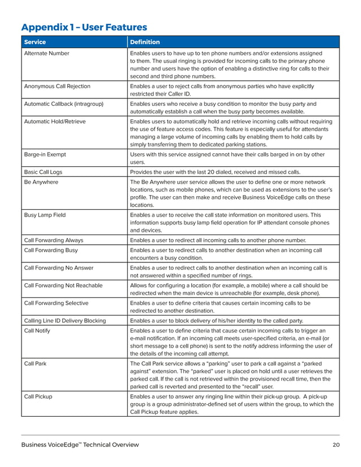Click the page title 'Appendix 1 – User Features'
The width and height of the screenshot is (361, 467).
pos(84,27)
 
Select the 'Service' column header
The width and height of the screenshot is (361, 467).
pos(35,42)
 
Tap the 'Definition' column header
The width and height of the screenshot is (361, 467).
pos(145,42)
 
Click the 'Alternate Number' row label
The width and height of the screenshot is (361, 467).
pos(47,53)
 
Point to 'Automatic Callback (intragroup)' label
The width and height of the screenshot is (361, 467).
pos(64,104)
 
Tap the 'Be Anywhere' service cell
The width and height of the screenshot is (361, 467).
pos(41,182)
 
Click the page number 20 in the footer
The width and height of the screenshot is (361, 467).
pos(336,446)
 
